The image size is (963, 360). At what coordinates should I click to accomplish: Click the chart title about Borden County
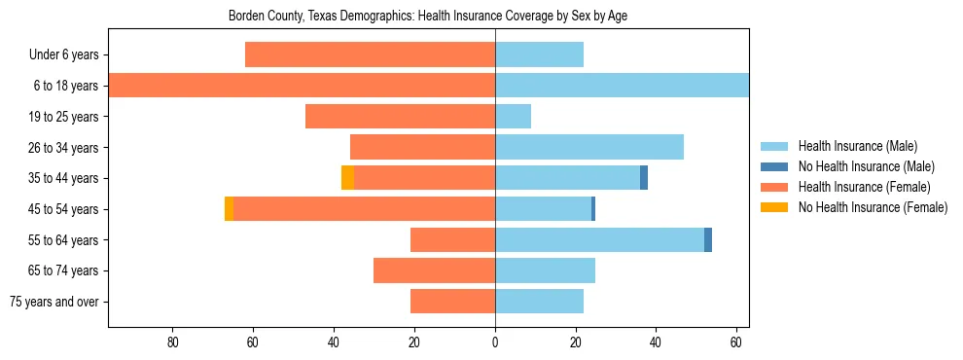coord(428,17)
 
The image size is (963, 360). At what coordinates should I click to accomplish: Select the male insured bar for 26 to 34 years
coord(589,147)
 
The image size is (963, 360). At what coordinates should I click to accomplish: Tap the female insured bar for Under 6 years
coord(370,54)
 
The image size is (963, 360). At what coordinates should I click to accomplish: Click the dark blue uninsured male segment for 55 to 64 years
coord(708,239)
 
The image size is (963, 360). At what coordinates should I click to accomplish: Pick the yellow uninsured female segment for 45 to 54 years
coord(229,209)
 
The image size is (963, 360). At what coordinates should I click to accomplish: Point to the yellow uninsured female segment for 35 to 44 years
coord(347,178)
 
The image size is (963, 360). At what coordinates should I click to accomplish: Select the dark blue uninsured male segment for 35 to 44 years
coord(644,178)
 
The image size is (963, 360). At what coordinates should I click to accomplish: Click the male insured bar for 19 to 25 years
coord(514,117)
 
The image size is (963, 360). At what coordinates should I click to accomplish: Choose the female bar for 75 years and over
coord(452,302)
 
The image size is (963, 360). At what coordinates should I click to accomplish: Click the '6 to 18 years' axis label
coord(65,86)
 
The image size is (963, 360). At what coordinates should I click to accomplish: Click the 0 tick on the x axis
coord(495,342)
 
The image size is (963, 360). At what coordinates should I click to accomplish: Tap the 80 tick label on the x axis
coord(173,342)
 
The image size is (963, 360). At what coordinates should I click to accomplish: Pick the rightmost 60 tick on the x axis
coord(736,342)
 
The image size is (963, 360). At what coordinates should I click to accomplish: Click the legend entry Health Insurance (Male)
coord(857,146)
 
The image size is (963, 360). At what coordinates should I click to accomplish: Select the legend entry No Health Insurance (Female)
coord(873,207)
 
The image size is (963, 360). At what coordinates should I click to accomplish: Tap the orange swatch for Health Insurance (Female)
coord(774,187)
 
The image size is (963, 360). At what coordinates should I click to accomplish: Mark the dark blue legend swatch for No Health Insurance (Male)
coord(774,166)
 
